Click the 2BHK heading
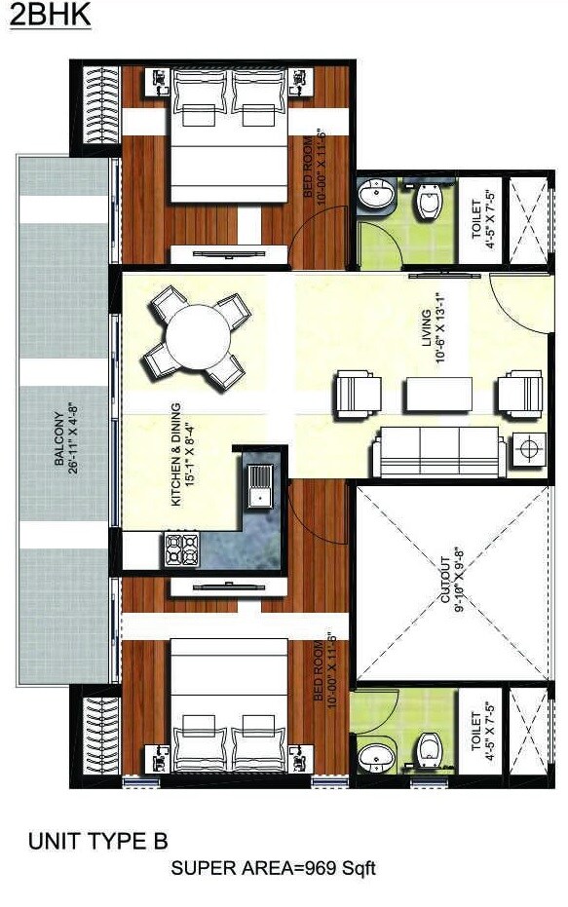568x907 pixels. click(50, 19)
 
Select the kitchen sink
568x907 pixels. click(260, 484)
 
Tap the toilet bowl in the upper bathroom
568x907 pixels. click(427, 202)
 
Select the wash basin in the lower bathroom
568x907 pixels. click(375, 755)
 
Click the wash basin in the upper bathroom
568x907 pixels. click(376, 199)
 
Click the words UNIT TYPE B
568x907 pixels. click(98, 841)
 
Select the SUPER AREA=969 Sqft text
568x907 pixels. click(273, 868)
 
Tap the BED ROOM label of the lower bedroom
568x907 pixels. click(323, 669)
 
